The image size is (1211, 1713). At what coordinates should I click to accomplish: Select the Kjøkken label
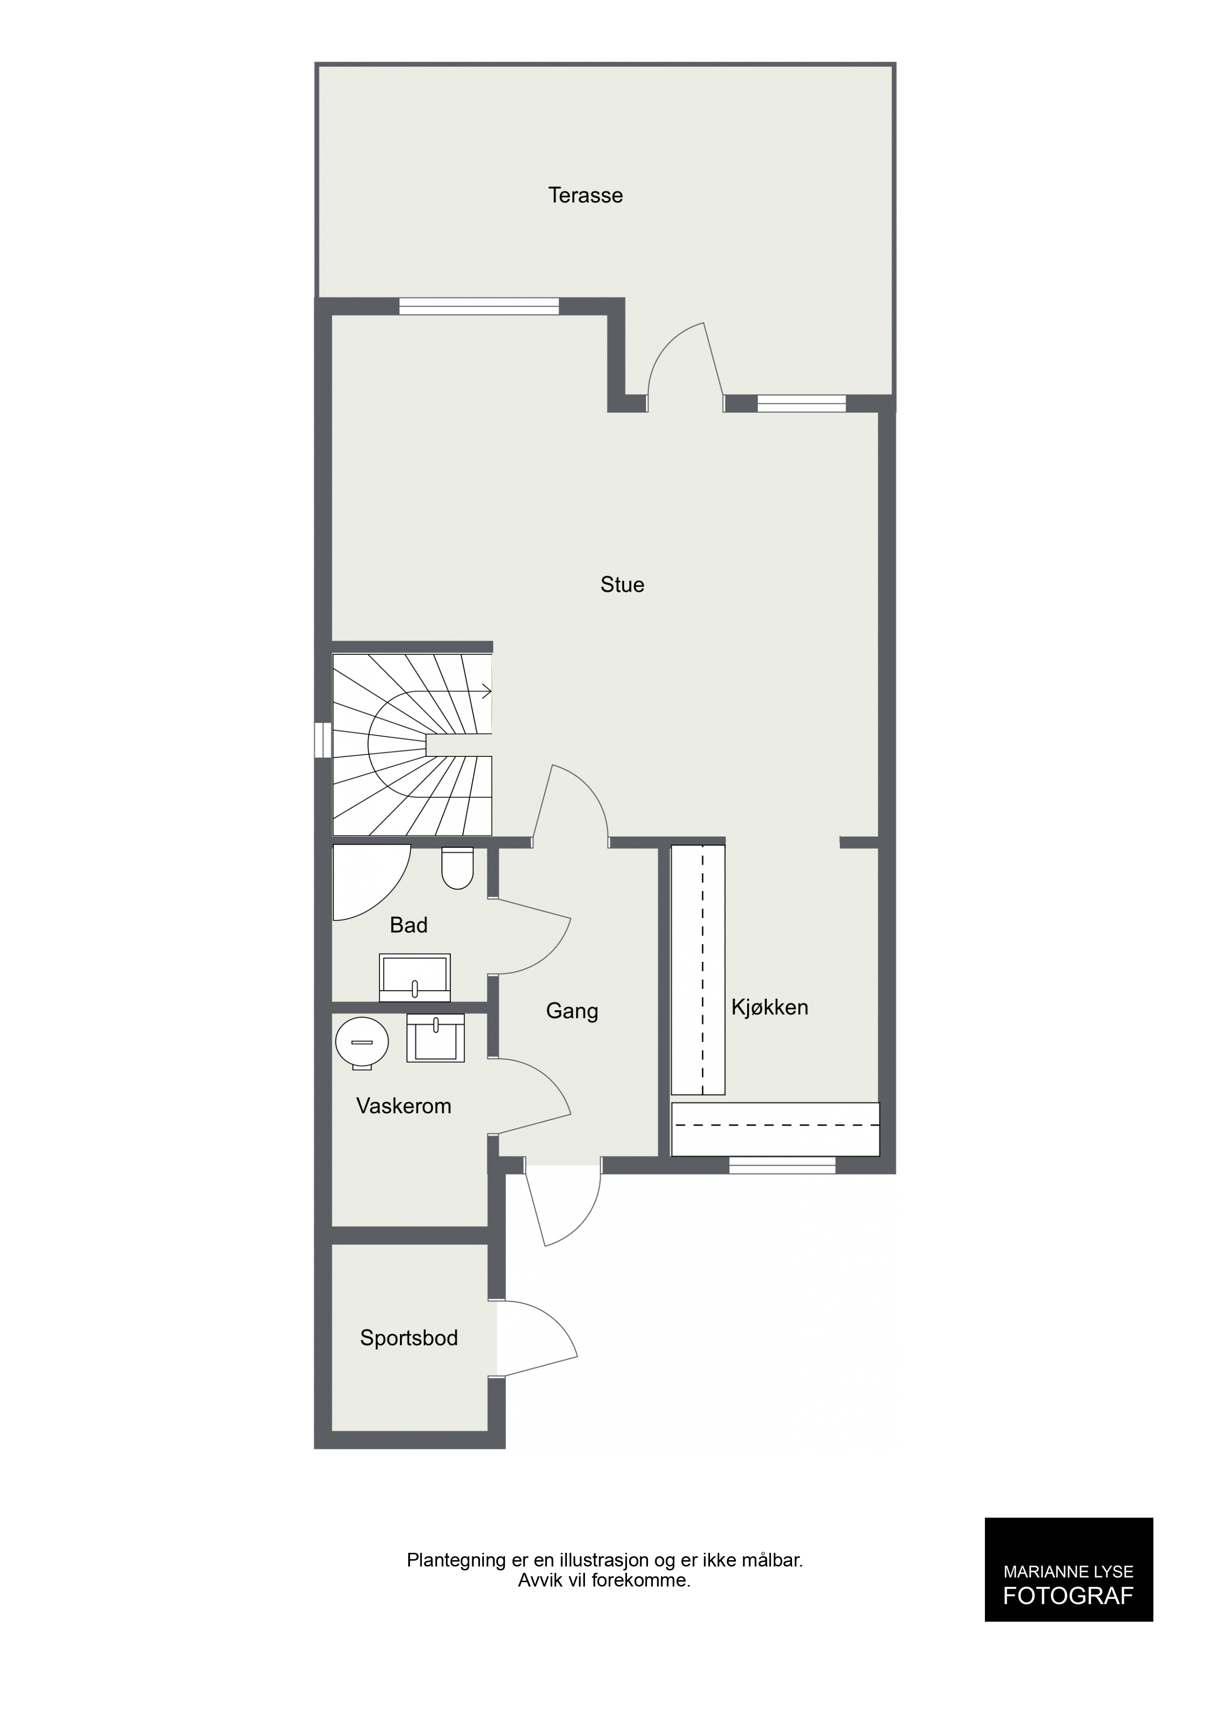[x=769, y=1007]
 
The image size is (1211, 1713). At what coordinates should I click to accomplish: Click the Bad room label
[x=408, y=925]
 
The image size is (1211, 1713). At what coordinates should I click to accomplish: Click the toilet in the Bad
[x=458, y=868]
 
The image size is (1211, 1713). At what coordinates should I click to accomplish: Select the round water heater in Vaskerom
[x=362, y=1042]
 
